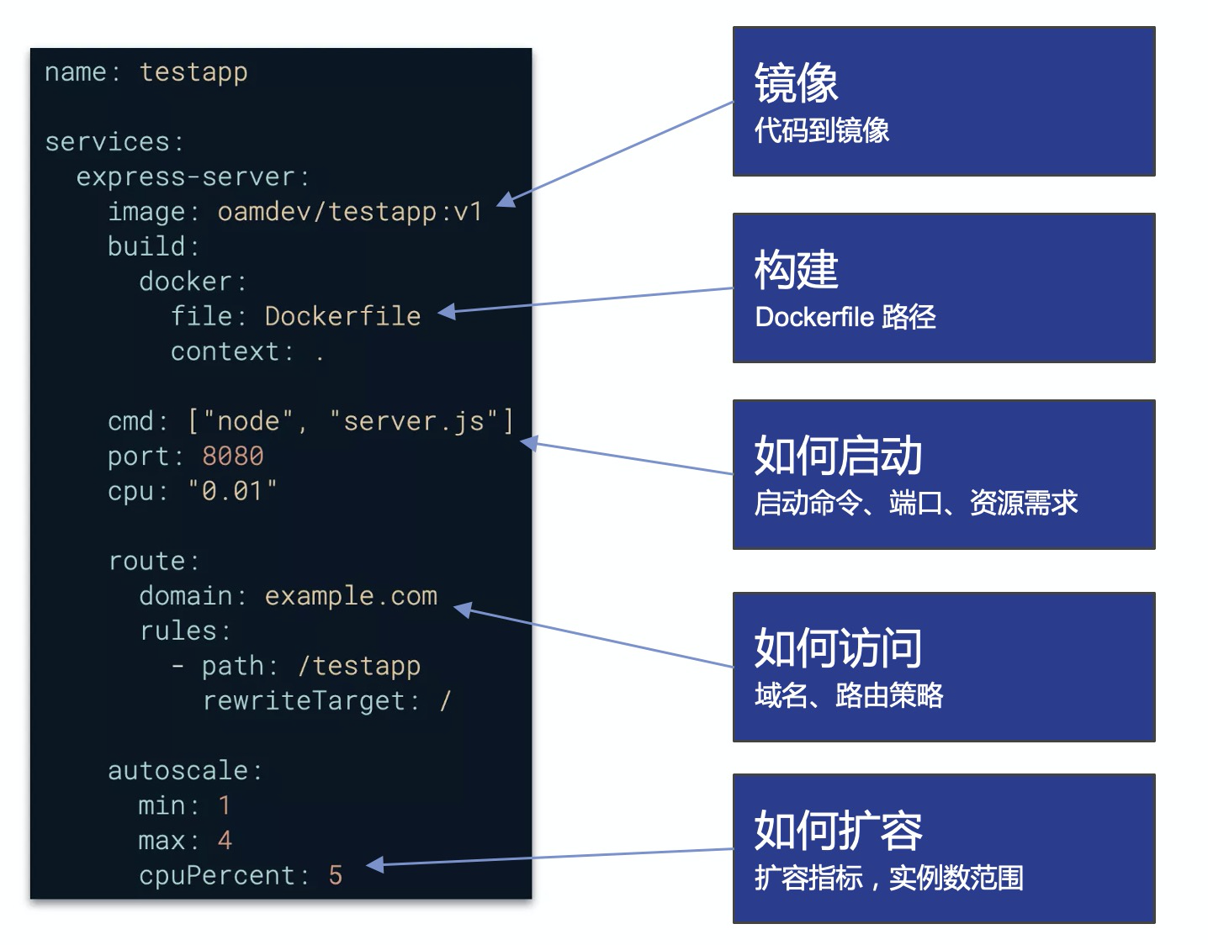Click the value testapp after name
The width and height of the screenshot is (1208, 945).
[x=193, y=73]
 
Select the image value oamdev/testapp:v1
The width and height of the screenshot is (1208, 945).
[x=350, y=213]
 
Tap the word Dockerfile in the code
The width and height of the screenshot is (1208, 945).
[x=343, y=317]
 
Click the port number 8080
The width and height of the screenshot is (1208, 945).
[x=233, y=457]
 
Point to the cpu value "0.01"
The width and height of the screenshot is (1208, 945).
[x=232, y=491]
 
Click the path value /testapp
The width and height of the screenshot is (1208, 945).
[x=360, y=666]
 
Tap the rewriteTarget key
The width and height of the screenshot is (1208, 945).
[x=305, y=701]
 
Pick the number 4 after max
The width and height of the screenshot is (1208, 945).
[x=225, y=841]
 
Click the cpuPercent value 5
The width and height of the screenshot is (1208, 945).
[x=335, y=875]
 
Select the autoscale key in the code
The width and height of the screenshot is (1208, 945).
[x=177, y=771]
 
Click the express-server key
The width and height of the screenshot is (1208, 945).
[x=185, y=177]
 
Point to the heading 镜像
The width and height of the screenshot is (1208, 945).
[x=796, y=82]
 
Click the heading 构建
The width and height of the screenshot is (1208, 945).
[x=796, y=269]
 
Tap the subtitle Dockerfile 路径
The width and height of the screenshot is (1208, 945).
[x=845, y=317]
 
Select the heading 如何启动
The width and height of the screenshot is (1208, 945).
[x=839, y=456]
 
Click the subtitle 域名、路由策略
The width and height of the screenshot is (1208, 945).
[x=849, y=695]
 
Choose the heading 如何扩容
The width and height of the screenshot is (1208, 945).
[x=839, y=830]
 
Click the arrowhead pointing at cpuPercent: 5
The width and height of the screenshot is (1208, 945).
[x=374, y=864]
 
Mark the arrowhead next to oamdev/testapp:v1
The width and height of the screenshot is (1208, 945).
[x=506, y=200]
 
